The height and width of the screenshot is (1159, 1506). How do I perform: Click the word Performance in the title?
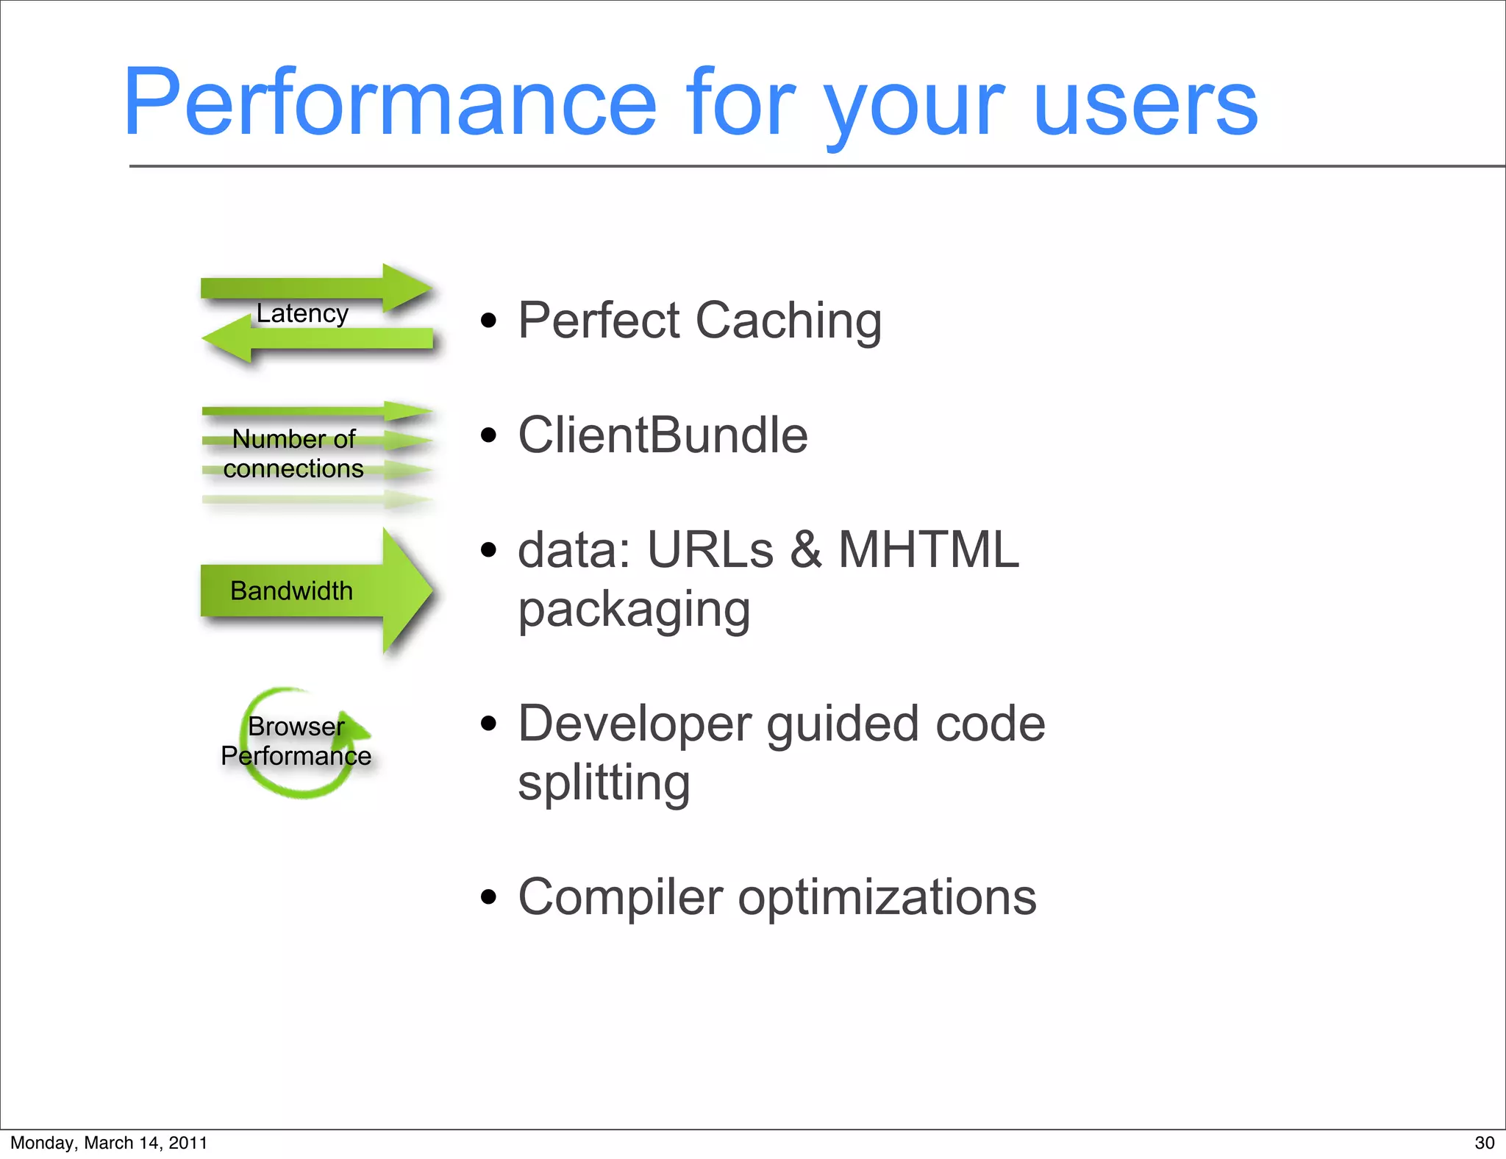click(390, 103)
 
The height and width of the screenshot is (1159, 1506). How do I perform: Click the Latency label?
click(302, 313)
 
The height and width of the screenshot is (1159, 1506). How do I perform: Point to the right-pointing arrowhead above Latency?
click(406, 288)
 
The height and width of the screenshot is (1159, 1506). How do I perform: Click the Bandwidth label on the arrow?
click(291, 591)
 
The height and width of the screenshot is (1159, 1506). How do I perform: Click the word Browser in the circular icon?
click(296, 726)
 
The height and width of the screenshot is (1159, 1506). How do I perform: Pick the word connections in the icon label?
click(293, 468)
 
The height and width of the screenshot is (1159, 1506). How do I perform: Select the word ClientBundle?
click(663, 435)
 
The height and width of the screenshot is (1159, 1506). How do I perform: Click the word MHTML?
click(928, 549)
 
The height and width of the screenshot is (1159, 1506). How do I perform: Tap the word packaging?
click(634, 610)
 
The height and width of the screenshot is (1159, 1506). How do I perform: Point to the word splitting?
click(604, 783)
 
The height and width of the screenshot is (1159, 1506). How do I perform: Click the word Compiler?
click(621, 898)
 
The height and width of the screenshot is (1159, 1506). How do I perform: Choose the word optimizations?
click(887, 898)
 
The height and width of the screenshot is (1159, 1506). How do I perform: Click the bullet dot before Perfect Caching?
click(488, 321)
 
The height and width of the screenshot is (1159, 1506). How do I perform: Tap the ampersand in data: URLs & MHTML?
click(806, 549)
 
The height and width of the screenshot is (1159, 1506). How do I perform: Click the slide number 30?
click(1484, 1143)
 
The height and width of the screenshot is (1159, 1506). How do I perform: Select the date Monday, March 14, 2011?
click(109, 1143)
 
